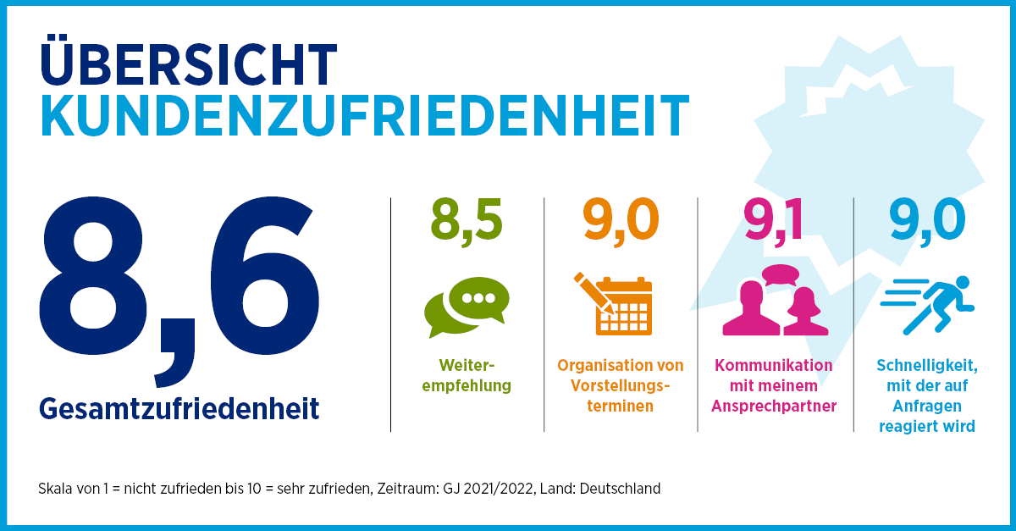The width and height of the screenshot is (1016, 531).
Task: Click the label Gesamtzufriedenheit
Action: tap(179, 409)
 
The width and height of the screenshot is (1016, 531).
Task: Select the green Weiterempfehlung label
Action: tap(467, 376)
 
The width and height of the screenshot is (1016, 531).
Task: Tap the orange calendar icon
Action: tap(622, 307)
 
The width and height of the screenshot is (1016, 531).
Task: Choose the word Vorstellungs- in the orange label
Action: tap(621, 385)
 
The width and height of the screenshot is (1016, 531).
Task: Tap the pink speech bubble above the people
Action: tap(780, 275)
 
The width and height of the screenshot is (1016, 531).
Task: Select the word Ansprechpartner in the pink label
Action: tap(775, 406)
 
